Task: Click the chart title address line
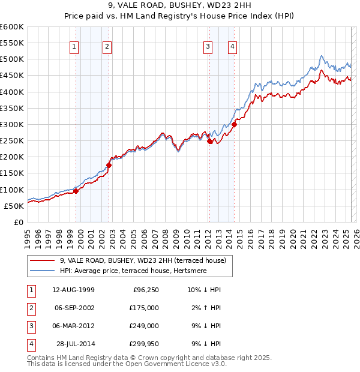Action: (180, 5)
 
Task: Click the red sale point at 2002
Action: (109, 165)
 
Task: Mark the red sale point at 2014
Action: (235, 125)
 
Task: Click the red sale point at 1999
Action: (76, 191)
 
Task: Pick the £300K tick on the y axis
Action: (11, 124)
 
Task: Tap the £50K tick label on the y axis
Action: (14, 206)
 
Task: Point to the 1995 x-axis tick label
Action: (27, 235)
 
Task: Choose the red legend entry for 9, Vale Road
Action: (142, 260)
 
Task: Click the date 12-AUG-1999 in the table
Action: (73, 290)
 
